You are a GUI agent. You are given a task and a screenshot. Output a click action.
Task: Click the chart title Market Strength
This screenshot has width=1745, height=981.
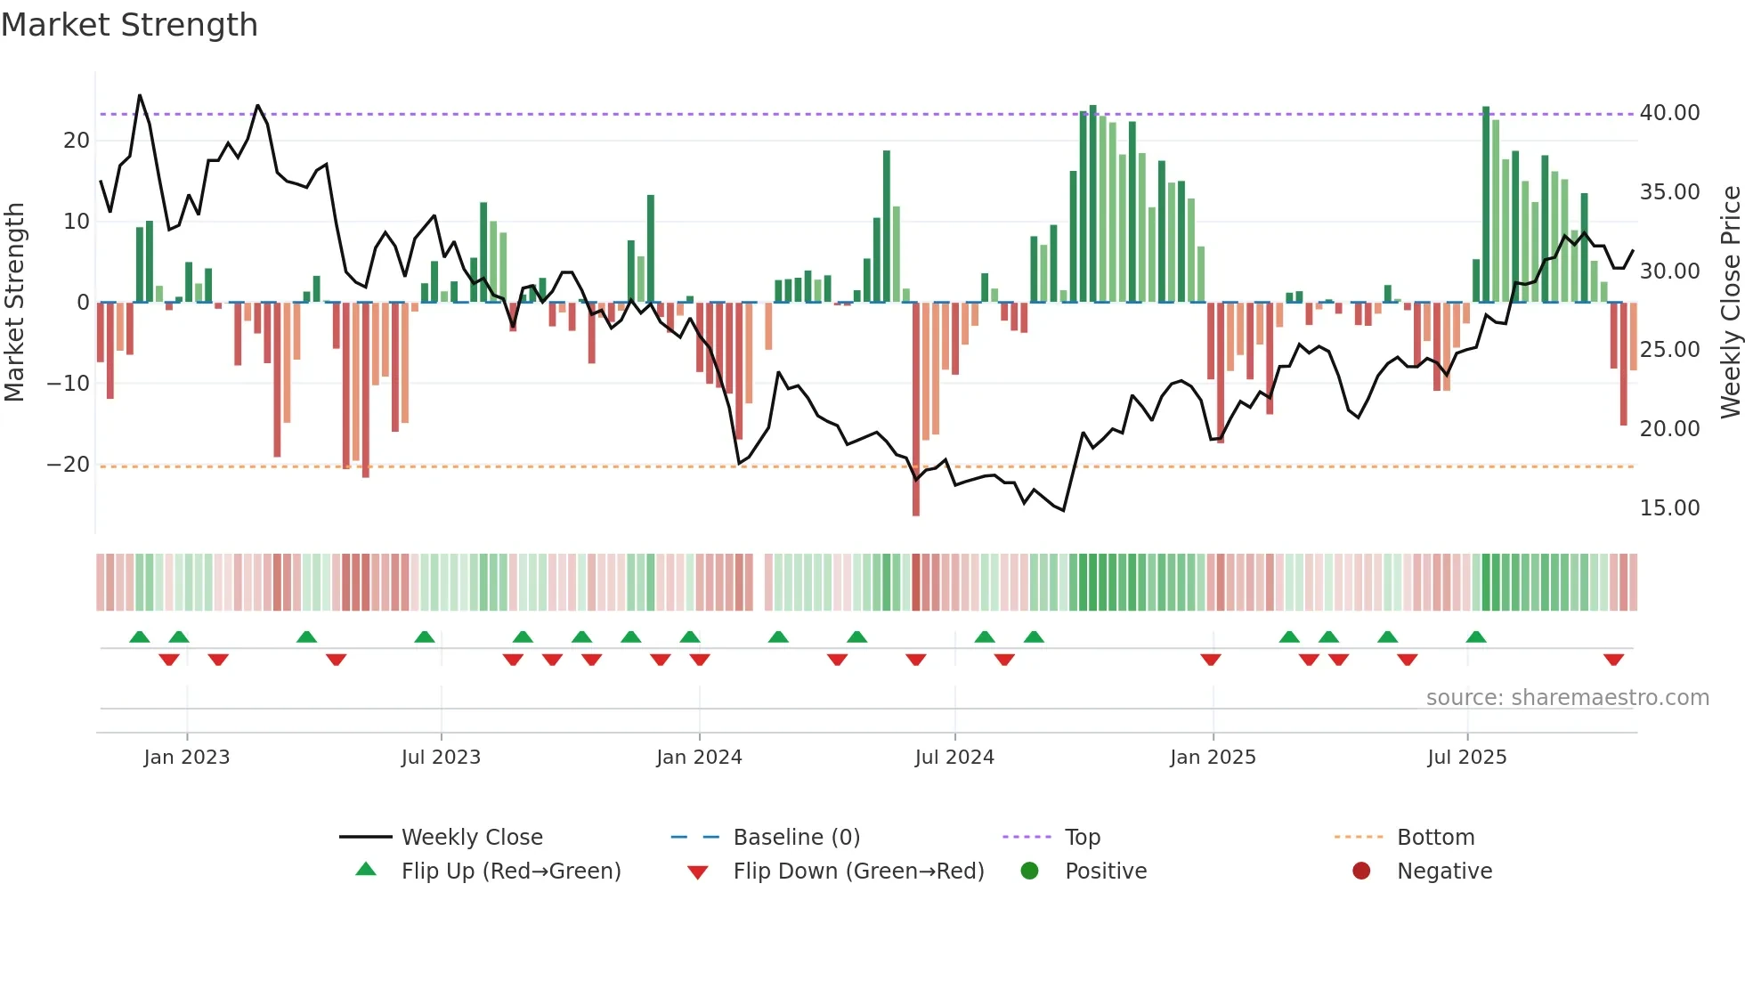point(129,25)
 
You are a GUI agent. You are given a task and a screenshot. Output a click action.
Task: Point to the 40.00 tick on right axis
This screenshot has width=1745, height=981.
point(1669,113)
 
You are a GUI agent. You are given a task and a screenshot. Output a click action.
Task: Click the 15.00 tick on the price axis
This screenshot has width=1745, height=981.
point(1669,508)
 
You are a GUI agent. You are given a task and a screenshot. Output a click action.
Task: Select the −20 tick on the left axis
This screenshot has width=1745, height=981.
point(69,465)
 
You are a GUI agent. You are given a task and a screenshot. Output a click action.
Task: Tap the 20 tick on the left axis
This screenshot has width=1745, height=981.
point(77,141)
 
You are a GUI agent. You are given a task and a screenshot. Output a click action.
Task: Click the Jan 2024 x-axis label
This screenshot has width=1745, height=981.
point(699,758)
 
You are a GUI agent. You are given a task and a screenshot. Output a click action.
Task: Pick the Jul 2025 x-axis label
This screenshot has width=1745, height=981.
point(1466,758)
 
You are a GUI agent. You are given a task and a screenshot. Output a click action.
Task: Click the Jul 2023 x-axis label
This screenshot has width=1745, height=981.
point(441,758)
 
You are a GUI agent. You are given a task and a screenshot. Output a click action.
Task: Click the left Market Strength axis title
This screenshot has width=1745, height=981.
point(14,303)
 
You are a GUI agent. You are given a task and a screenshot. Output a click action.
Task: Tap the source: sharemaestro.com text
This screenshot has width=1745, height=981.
point(1567,698)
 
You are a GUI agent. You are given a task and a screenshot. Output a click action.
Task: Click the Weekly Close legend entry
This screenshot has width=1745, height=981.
point(471,838)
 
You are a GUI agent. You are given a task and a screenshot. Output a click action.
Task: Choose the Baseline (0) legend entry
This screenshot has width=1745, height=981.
point(796,838)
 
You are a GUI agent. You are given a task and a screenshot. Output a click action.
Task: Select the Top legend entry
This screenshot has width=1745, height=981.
point(1082,838)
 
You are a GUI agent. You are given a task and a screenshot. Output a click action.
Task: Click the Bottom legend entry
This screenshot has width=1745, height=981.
point(1435,838)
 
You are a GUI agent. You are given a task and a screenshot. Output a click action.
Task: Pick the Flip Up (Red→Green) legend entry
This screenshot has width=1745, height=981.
point(510,872)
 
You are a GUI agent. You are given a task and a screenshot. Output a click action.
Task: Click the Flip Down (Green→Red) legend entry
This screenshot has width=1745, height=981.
point(858,872)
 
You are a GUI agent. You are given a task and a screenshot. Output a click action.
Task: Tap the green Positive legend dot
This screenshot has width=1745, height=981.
point(1030,872)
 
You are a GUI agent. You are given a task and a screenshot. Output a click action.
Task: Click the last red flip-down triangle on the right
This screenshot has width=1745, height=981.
point(1613,660)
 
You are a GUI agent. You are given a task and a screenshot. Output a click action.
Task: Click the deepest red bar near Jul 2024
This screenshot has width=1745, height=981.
point(916,409)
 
